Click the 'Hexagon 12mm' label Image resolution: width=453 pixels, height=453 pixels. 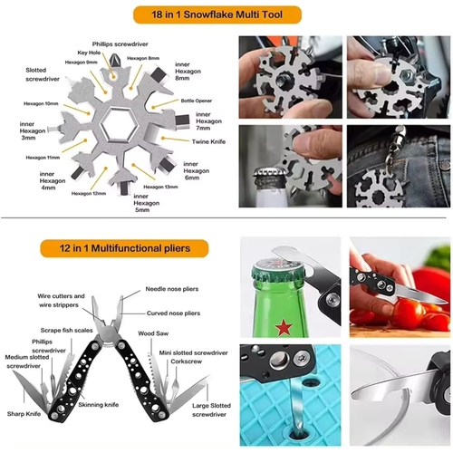(85, 193)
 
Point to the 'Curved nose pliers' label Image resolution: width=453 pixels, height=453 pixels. (172, 313)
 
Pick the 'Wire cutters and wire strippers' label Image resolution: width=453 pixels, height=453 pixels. (62, 301)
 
